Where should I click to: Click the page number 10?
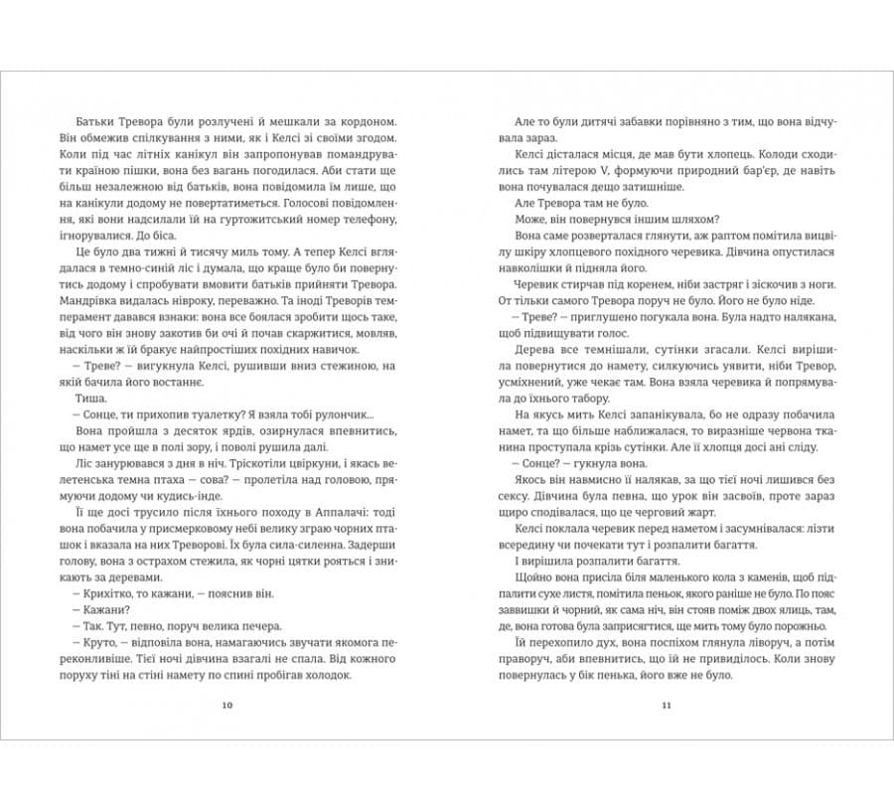point(227,705)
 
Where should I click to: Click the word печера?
point(258,624)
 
